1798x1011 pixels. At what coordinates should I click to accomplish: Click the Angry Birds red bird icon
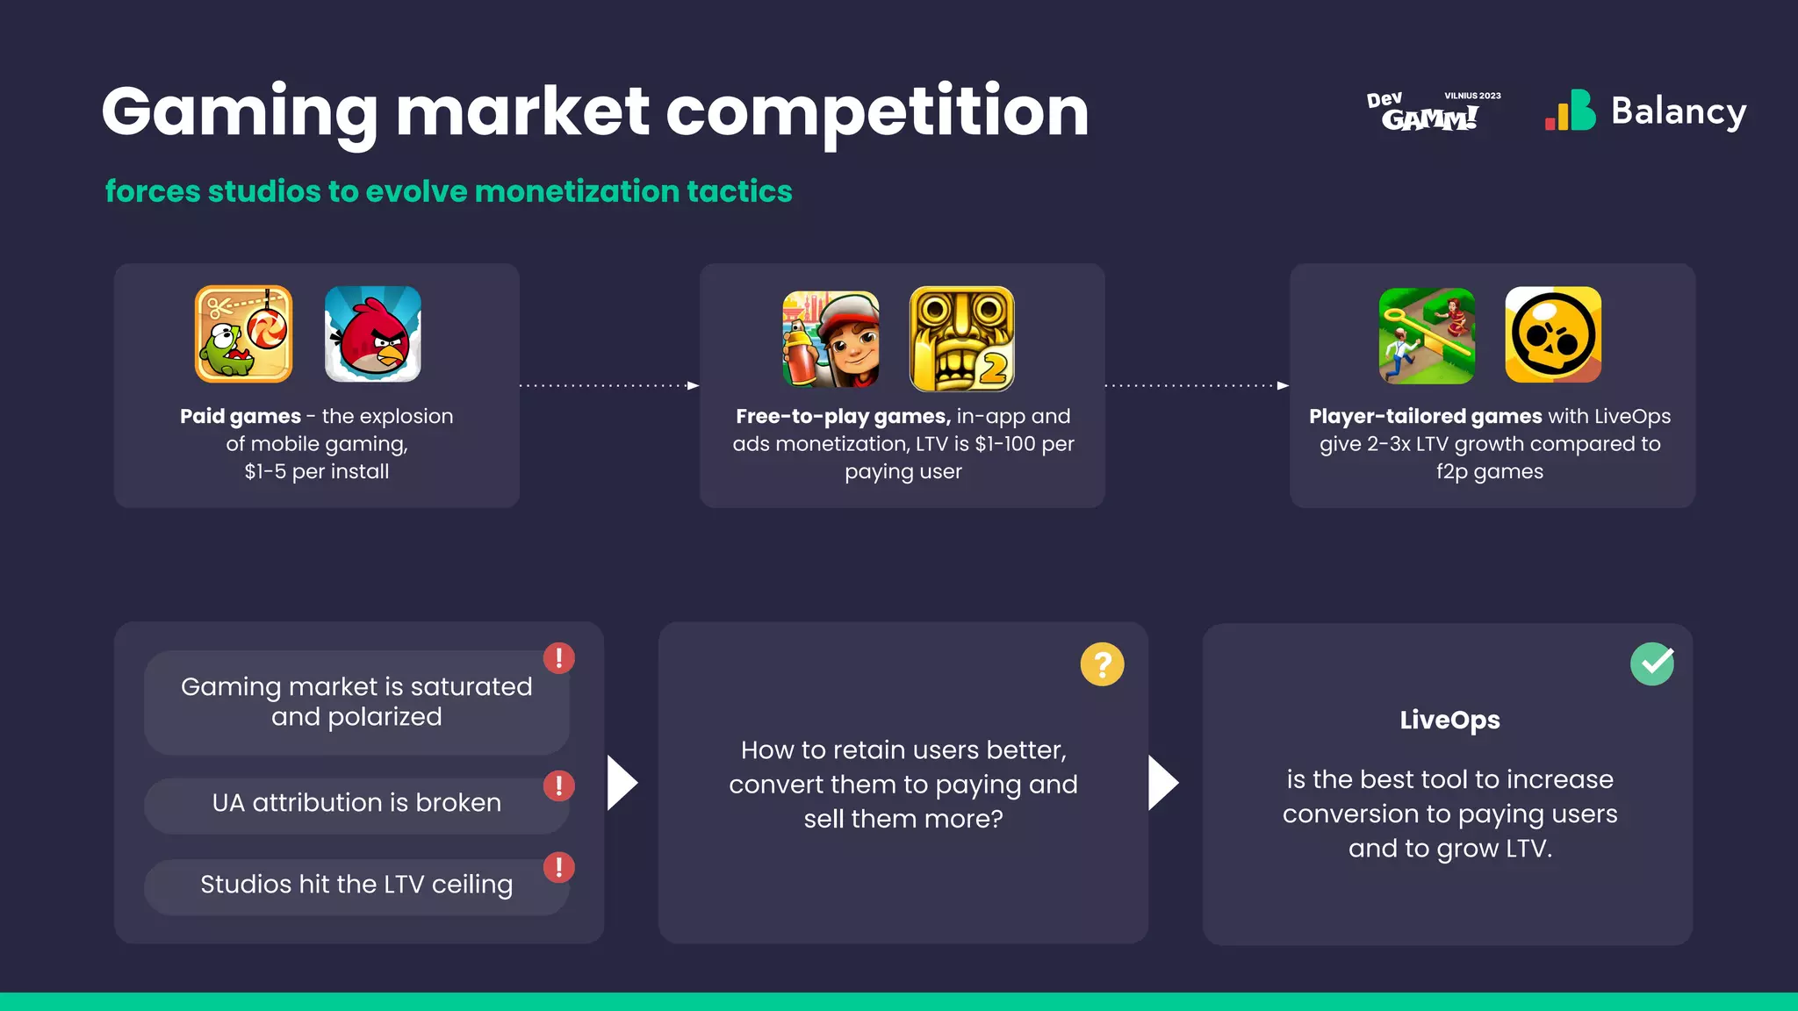click(373, 334)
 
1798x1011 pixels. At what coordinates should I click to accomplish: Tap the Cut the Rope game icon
click(243, 334)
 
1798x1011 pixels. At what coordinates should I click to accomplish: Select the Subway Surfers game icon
click(831, 339)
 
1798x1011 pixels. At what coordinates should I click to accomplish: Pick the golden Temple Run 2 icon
click(961, 339)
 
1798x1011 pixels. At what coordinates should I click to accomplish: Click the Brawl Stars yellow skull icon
click(1553, 335)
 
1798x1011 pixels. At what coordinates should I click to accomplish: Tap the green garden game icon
click(1427, 335)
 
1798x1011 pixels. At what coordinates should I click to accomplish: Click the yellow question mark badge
click(1102, 664)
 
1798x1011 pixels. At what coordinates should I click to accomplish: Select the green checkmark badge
click(1652, 664)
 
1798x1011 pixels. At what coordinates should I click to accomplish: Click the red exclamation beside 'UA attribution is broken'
click(558, 785)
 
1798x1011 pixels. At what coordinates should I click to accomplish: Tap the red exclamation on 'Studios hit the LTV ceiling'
click(558, 867)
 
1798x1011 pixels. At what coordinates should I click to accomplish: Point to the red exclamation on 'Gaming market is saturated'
click(558, 657)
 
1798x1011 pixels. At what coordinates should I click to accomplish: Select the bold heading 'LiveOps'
click(1449, 720)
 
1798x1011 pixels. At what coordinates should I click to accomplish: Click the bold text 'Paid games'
click(241, 416)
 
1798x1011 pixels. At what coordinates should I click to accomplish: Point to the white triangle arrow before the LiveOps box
click(1162, 783)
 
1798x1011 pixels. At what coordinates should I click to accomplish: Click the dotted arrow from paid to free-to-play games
click(609, 385)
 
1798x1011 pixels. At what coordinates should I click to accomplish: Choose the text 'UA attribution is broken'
click(356, 802)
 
